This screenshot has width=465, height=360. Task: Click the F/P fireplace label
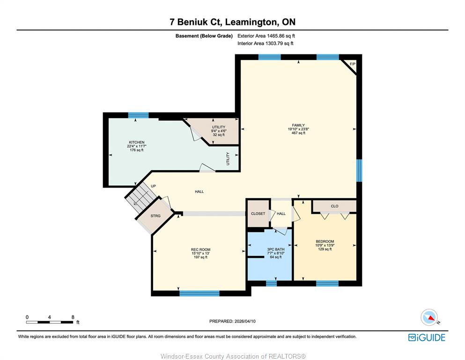pos(353,64)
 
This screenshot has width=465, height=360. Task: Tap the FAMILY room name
pos(298,125)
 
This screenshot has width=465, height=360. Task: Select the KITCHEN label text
pos(136,142)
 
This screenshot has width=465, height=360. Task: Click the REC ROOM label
pos(200,249)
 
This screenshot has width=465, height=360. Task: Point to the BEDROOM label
pos(325,241)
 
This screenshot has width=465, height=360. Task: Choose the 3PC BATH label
pos(275,249)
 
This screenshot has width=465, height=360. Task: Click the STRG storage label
pos(155,216)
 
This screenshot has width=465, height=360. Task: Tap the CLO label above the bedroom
pos(334,206)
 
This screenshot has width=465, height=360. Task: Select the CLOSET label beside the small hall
pos(258,213)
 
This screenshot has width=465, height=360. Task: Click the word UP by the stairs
pos(153,186)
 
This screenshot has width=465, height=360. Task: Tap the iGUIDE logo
pos(427,337)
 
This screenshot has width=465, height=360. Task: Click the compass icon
pos(429,317)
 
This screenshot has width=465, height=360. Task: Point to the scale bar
pos(50,322)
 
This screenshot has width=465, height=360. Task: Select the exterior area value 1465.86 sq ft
pos(281,36)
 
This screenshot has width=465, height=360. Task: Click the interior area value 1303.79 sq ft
pos(280,43)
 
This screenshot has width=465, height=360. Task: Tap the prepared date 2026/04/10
pos(245,321)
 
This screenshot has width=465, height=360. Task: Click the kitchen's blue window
pos(138,115)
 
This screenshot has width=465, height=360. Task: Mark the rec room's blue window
pos(199,293)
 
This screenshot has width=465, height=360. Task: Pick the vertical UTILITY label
pos(228,159)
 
